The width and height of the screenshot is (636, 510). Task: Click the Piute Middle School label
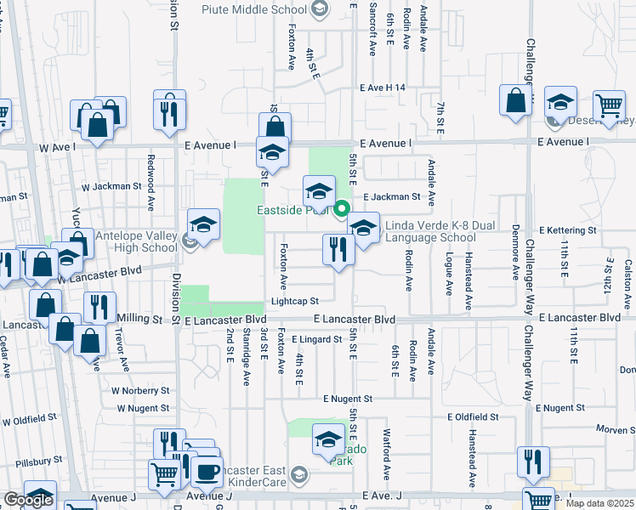point(253,9)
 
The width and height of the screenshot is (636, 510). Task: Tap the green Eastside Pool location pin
point(342,208)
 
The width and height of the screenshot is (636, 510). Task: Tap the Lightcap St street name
point(294,301)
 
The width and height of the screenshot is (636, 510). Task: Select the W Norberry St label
point(140,391)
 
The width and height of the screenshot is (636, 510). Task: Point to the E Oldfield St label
point(473,416)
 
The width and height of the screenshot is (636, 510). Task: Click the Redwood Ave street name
point(150,194)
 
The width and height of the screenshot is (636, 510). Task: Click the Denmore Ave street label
point(515,252)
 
